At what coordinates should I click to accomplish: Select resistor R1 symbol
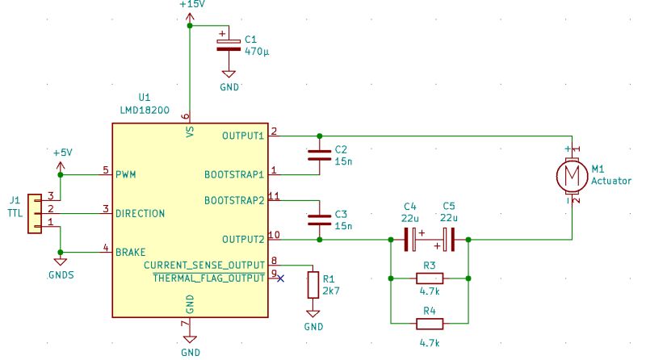tap(313, 285)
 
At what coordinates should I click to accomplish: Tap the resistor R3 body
tap(429, 278)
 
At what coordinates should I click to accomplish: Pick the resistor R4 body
tap(429, 324)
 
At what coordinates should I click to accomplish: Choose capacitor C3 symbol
tap(319, 219)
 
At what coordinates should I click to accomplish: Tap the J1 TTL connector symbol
tap(35, 213)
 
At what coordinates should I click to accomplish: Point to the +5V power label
tap(62, 153)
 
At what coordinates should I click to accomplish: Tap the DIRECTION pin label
tap(141, 213)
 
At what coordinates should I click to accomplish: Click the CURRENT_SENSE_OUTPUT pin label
tap(204, 265)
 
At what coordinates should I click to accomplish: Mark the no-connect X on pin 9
tap(280, 278)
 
